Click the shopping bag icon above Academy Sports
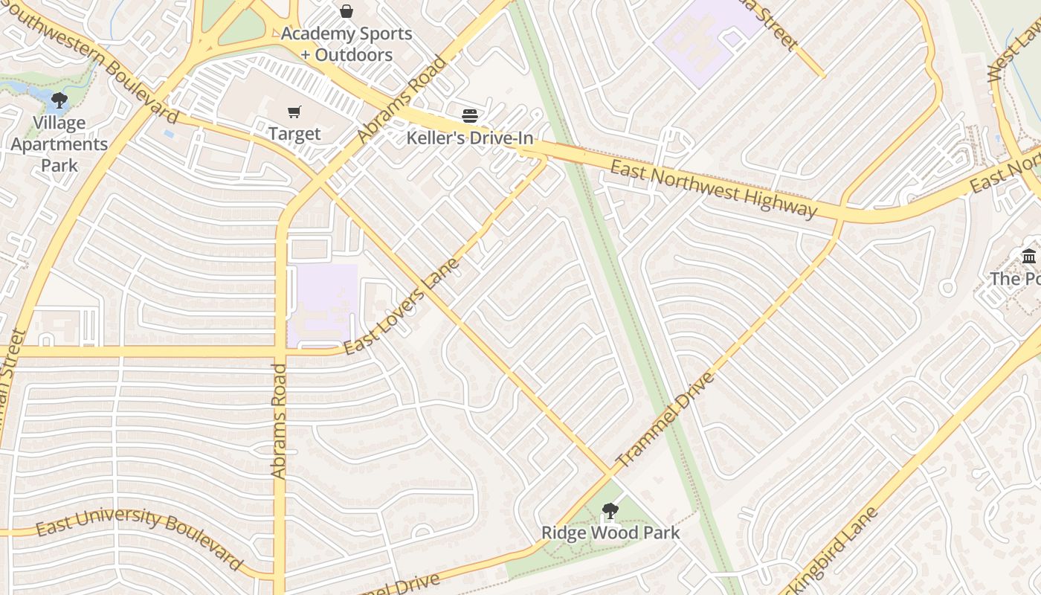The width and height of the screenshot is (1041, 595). click(x=347, y=11)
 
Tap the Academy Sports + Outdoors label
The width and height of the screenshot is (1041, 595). click(x=347, y=44)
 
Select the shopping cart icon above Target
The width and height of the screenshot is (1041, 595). click(x=294, y=112)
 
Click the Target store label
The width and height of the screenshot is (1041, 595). click(x=294, y=134)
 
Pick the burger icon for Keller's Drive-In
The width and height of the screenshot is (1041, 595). click(x=469, y=115)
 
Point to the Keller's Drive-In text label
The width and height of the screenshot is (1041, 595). click(x=469, y=138)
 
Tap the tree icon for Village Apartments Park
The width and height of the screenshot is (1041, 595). click(x=59, y=100)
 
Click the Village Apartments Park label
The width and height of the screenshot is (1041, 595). click(x=59, y=144)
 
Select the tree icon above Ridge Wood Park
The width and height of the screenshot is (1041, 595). click(x=610, y=511)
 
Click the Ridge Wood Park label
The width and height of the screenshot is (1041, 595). click(x=610, y=533)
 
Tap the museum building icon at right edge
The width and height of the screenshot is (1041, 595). click(x=1029, y=257)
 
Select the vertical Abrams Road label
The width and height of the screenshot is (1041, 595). click(x=279, y=420)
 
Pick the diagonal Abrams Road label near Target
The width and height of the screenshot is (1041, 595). click(x=402, y=100)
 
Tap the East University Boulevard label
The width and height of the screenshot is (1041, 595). click(x=139, y=535)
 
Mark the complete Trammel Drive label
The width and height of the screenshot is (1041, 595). click(x=665, y=419)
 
